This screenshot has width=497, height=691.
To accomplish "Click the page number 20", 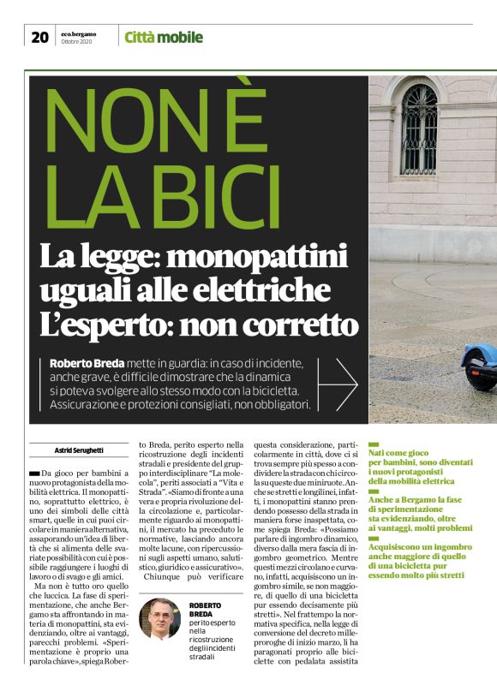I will [x=39, y=37].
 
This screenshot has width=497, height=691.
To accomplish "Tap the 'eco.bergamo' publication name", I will [x=78, y=33].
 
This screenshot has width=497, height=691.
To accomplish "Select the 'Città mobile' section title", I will [x=164, y=37].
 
